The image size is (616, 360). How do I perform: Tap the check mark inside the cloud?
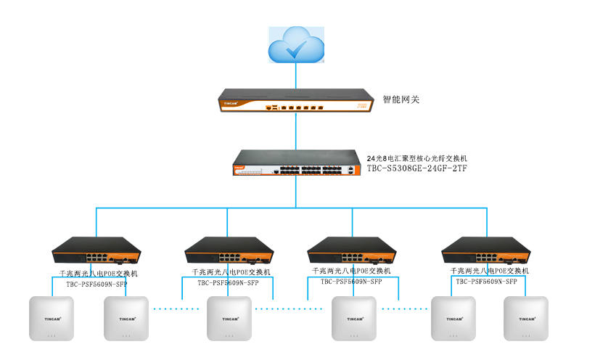tap(297, 49)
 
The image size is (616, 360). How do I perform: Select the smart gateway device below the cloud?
tap(296, 101)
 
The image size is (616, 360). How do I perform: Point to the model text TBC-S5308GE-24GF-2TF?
tap(416, 168)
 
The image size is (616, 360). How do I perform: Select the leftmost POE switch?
tap(96, 251)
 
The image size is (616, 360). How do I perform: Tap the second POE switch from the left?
tap(227, 251)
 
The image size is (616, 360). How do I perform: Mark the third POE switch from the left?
tap(352, 251)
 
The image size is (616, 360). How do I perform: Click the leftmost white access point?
tap(51, 318)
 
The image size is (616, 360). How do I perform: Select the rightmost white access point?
tap(527, 318)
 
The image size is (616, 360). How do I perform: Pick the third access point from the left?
tap(229, 318)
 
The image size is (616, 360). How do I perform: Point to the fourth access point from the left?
tap(354, 318)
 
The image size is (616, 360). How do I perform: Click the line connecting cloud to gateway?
tap(296, 75)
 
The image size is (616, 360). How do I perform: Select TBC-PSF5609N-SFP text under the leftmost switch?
tap(96, 284)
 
